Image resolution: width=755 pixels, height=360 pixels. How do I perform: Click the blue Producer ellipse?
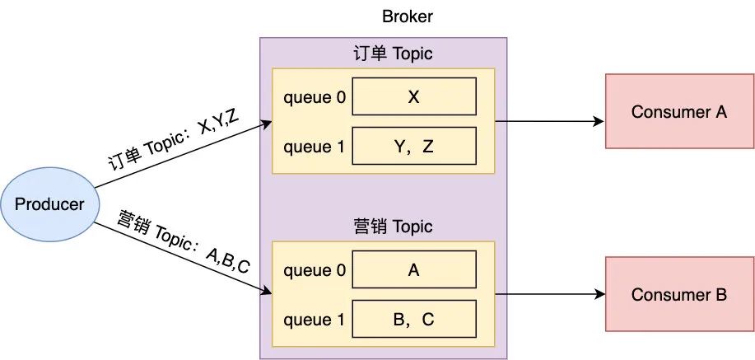pyautogui.click(x=49, y=203)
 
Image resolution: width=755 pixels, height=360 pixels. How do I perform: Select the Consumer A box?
pyautogui.click(x=679, y=111)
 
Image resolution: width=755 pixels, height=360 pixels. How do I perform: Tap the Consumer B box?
pyautogui.click(x=679, y=294)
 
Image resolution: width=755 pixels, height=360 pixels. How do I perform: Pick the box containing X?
pyautogui.click(x=414, y=96)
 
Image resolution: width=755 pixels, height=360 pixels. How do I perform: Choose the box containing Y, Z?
pyautogui.click(x=414, y=147)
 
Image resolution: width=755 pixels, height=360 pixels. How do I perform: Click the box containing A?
pyautogui.click(x=414, y=269)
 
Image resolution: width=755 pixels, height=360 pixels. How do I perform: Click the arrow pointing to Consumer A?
pyautogui.click(x=550, y=122)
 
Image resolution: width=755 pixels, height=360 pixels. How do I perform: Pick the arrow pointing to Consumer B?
pyautogui.click(x=550, y=294)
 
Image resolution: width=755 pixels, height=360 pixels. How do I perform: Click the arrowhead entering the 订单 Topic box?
pyautogui.click(x=266, y=124)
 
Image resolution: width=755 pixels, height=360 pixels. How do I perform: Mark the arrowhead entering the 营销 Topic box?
pyautogui.click(x=266, y=291)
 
